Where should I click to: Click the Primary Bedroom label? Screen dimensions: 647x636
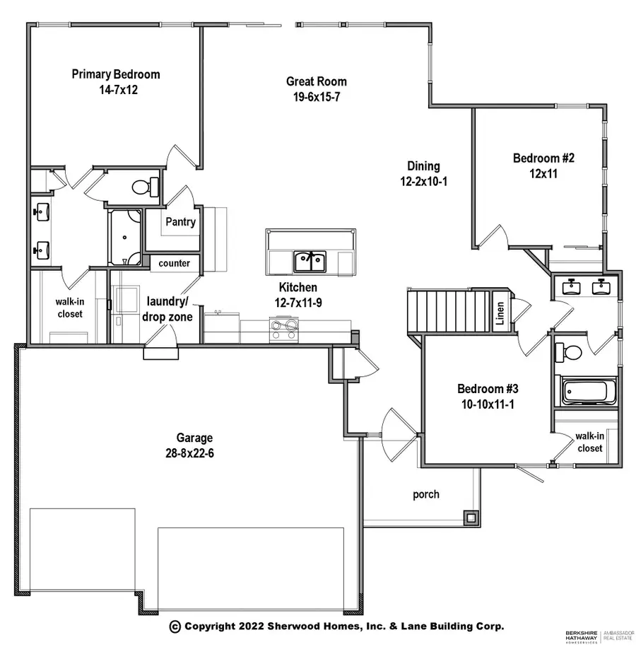pos(116,74)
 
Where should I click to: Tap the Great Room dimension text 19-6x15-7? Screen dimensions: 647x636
pos(316,97)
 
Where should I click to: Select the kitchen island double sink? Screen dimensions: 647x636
pos(310,261)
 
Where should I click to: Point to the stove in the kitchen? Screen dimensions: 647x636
pos(285,330)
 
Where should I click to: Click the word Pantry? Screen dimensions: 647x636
pos(180,221)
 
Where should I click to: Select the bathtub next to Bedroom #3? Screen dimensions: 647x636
pos(588,390)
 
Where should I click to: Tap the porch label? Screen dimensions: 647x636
pos(426,494)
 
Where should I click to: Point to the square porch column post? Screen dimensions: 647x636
pos(470,518)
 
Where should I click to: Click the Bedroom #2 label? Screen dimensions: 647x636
pos(543,158)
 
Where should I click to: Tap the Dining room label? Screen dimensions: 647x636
pos(423,166)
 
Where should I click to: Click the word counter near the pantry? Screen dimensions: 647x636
pos(174,263)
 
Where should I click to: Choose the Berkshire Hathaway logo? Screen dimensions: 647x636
pos(579,635)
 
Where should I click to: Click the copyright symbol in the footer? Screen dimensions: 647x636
pos(175,626)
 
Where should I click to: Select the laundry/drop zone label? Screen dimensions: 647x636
pos(168,309)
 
